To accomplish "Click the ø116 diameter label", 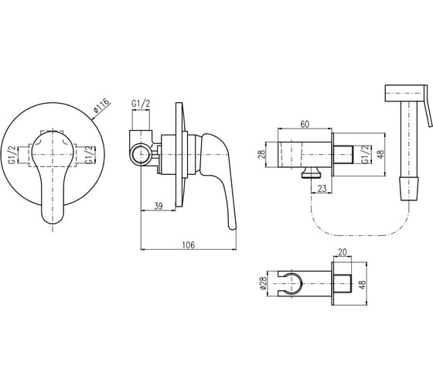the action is pos(101,105).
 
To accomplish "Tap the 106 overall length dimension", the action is pos(189,245).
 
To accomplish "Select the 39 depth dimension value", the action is pos(159,206).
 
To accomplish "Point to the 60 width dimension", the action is pos(305,125).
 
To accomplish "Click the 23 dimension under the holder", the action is pos(322,189).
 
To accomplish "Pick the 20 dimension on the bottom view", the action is pos(342,252).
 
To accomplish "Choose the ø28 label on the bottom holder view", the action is pos(264,283).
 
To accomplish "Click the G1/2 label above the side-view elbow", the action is pos(141,104).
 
